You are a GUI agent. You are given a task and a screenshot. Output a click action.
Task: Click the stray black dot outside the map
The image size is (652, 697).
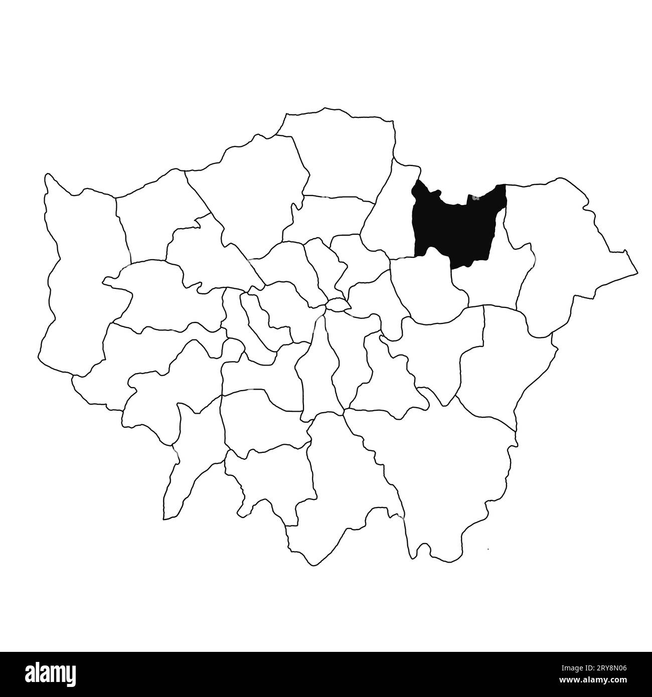(x=488, y=550)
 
